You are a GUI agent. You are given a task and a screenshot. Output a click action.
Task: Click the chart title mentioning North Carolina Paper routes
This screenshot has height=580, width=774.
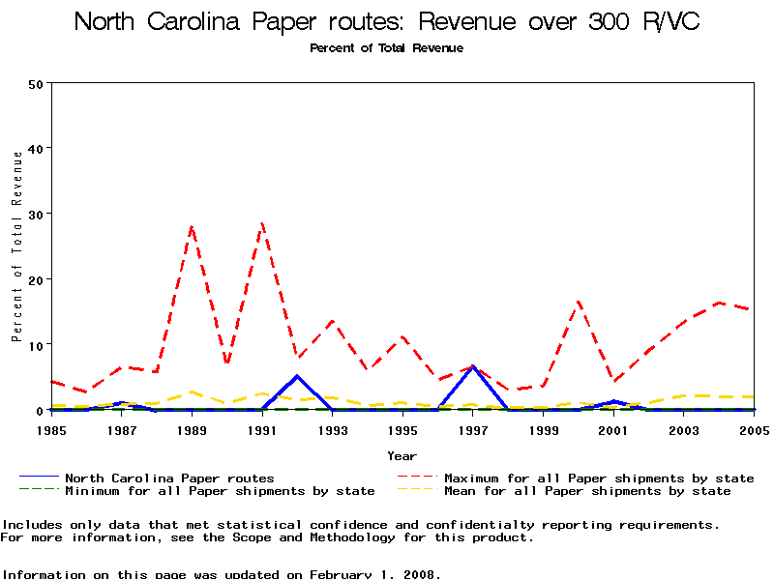(x=387, y=21)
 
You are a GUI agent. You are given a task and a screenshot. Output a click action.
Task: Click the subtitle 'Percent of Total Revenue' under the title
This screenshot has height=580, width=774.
(x=387, y=48)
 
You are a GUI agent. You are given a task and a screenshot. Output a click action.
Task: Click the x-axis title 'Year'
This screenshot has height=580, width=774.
(x=402, y=455)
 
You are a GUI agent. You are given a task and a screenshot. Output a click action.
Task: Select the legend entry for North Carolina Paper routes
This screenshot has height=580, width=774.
(x=169, y=478)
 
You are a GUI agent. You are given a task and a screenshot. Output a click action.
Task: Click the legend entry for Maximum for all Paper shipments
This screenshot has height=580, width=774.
(x=598, y=478)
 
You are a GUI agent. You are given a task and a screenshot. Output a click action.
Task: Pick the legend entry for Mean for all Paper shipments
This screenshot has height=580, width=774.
(x=587, y=491)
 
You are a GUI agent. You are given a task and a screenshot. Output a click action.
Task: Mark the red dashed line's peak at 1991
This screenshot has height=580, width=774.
(x=262, y=223)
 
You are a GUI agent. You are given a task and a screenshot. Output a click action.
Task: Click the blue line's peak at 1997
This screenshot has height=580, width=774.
(x=472, y=367)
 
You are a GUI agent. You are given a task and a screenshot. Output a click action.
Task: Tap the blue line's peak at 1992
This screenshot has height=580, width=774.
(x=297, y=376)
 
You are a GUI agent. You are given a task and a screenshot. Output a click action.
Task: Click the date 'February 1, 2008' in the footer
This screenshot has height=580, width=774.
(x=375, y=574)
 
